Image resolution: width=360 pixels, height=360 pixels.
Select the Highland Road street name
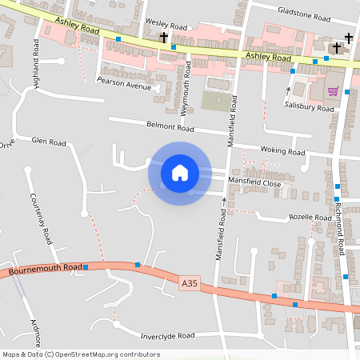point(35,58)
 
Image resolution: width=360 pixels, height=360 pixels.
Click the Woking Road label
point(283,151)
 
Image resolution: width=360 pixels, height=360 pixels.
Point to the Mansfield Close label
point(254,183)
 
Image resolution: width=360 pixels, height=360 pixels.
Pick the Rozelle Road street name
point(310,218)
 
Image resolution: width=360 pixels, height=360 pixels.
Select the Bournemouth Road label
point(46,270)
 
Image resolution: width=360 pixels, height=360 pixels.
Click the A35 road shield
point(189,282)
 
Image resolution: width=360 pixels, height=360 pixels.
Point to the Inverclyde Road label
point(167,336)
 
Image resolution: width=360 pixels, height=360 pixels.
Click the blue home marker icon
point(180,173)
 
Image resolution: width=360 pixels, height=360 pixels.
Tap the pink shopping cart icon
point(333,91)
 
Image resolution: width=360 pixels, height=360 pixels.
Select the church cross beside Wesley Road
point(164,38)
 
